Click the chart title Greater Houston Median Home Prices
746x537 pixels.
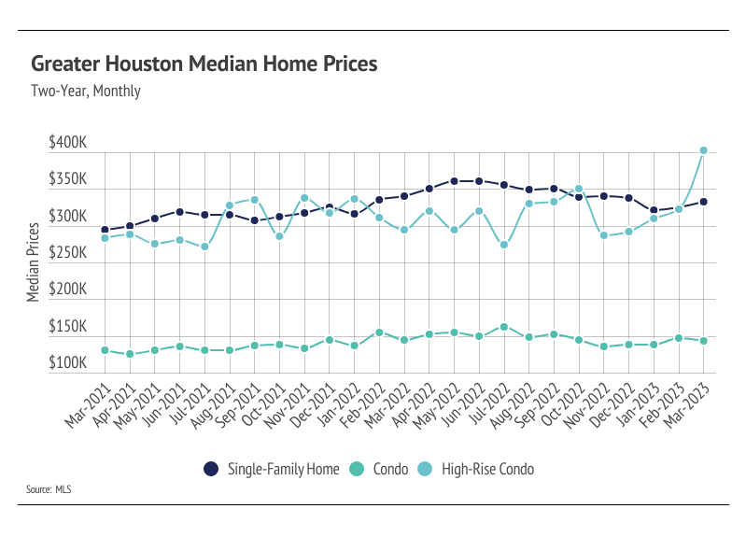pyautogui.click(x=204, y=64)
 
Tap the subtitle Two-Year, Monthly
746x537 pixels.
pyautogui.click(x=85, y=92)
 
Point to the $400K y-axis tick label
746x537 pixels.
pyautogui.click(x=67, y=144)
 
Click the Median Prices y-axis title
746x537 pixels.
pyautogui.click(x=33, y=261)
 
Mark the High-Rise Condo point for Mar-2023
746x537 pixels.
pyautogui.click(x=704, y=150)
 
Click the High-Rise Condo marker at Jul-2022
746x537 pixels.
pyautogui.click(x=504, y=245)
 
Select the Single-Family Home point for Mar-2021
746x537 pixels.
pyautogui.click(x=105, y=230)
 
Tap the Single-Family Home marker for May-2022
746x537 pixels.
pyautogui.click(x=454, y=181)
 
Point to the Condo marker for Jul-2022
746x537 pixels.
pyautogui.click(x=504, y=327)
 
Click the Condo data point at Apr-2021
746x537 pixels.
pyautogui.click(x=130, y=354)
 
